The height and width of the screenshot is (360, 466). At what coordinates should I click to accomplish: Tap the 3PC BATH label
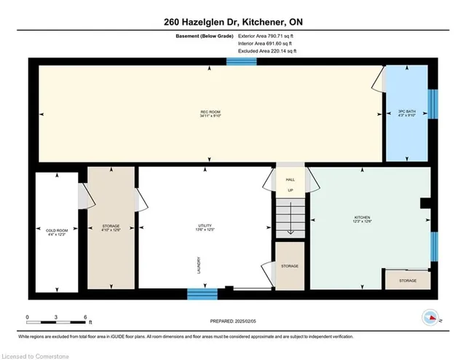408,114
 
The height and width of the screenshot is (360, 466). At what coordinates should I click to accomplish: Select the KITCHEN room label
363,219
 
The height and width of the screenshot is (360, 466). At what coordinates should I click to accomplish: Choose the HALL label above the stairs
290,179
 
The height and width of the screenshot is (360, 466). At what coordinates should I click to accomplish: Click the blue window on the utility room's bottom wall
202,294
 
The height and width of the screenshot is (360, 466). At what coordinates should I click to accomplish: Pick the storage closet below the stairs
289,267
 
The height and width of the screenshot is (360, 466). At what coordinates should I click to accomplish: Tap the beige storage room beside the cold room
111,228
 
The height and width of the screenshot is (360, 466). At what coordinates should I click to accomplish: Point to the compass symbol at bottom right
430,318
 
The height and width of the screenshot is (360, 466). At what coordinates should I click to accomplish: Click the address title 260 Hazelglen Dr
233,23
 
